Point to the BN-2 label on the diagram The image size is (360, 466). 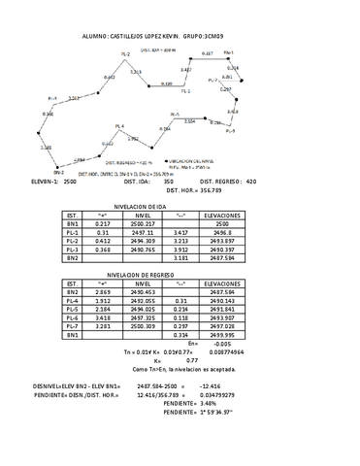(x=45, y=170)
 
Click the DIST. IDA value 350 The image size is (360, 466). (x=169, y=182)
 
